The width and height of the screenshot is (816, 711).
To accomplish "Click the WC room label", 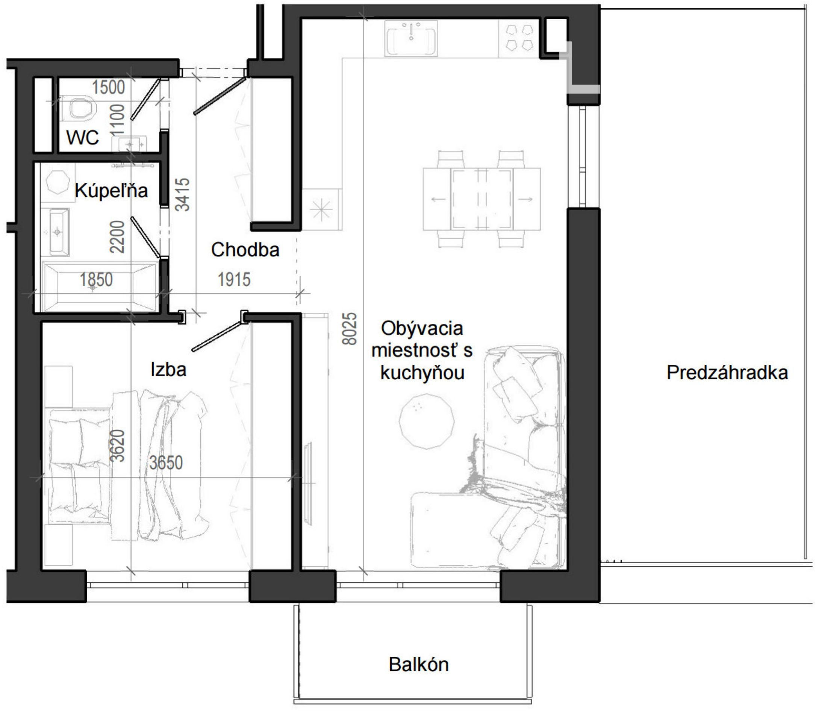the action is [x=83, y=138].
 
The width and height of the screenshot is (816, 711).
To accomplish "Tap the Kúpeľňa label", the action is [x=112, y=191].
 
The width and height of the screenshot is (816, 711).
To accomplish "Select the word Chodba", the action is [x=245, y=250].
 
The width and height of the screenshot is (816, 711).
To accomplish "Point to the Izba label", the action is [x=169, y=369].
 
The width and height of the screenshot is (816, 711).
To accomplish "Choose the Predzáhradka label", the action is [x=727, y=373].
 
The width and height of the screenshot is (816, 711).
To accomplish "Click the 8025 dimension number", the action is [x=350, y=329].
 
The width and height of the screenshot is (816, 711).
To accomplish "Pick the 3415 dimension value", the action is [x=183, y=194].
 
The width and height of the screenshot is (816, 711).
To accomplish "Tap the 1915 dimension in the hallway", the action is [x=234, y=280].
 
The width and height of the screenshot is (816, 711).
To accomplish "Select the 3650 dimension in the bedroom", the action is [x=166, y=462].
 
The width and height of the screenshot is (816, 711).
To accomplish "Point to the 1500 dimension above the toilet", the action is [x=109, y=87].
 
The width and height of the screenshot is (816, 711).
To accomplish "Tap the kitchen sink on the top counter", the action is [x=411, y=38].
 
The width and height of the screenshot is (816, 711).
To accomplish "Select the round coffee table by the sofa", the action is [x=427, y=421].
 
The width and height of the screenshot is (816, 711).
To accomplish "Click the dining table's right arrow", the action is [x=526, y=199].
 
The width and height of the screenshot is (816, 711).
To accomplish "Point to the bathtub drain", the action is [x=93, y=287].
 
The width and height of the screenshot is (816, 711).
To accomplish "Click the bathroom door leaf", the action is [x=145, y=236].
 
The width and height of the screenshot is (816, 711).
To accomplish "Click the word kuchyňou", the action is [x=422, y=373].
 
